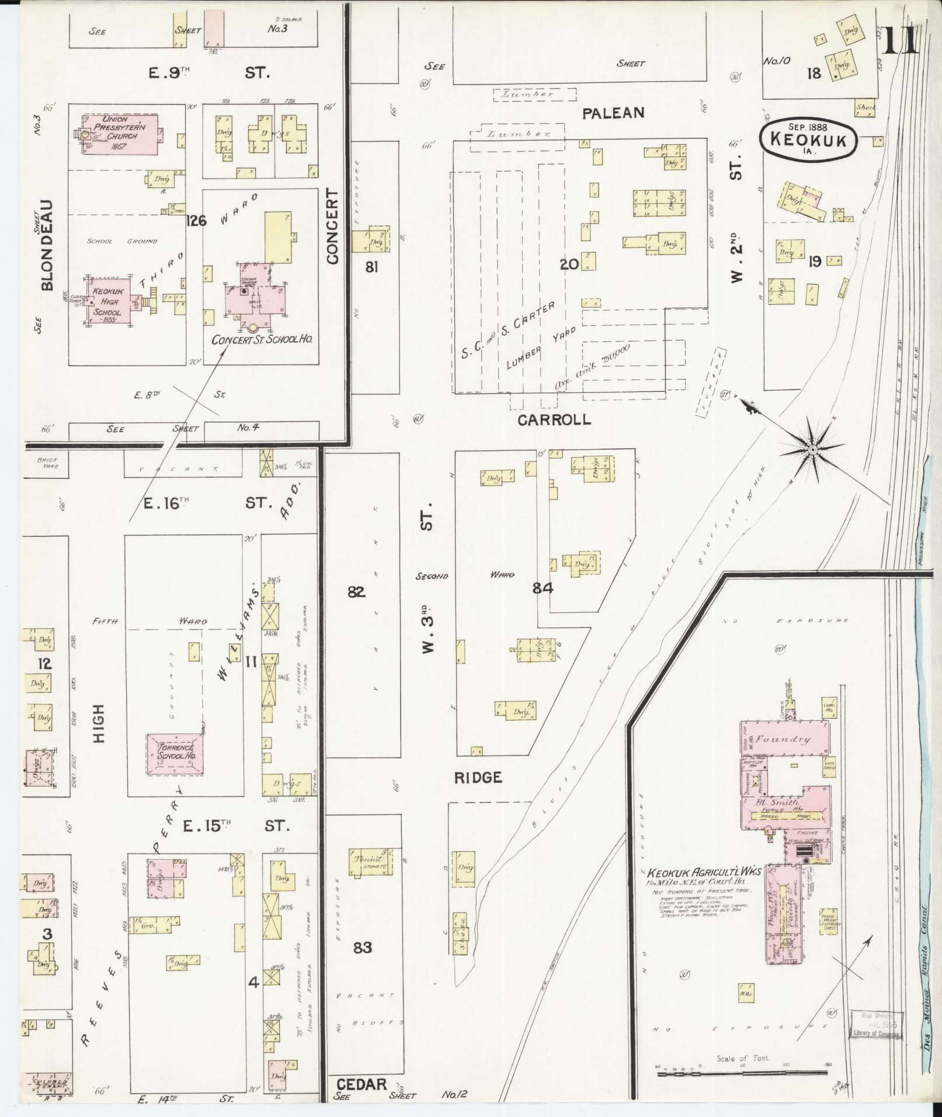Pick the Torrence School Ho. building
175,754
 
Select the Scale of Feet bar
743,1069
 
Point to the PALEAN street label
613,113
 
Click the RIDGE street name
478,777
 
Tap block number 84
543,589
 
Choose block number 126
197,221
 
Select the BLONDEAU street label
47,245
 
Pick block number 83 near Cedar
363,947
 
